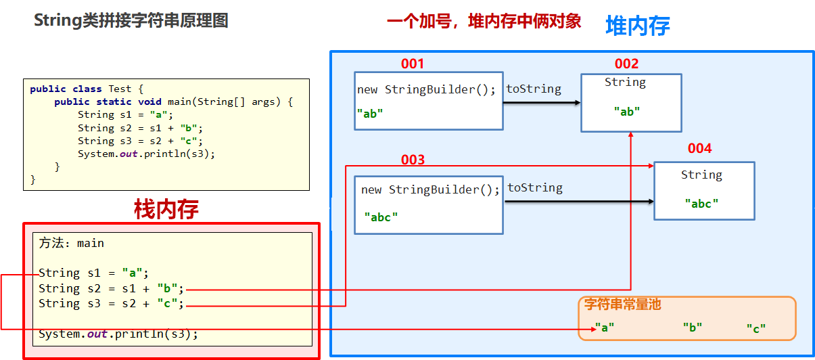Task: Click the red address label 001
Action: coord(413,64)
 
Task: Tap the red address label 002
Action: coord(626,64)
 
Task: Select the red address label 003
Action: coord(413,160)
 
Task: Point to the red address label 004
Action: coord(699,149)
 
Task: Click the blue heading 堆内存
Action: coord(637,26)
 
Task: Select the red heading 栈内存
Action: coord(166,210)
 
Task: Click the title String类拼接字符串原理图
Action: coord(131,21)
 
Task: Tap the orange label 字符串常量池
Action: coord(622,305)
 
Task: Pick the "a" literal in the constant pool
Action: coord(605,328)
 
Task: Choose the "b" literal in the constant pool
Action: coord(693,328)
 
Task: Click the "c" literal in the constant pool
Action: coord(756,328)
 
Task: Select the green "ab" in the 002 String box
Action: coord(627,112)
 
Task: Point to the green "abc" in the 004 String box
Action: coord(701,203)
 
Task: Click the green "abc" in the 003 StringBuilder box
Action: coord(381,217)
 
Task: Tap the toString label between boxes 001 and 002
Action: coord(534,89)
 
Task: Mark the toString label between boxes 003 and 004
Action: coord(535,188)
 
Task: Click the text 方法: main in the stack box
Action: coord(72,243)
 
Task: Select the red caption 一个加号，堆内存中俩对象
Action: coord(484,22)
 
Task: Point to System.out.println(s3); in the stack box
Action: coord(118,334)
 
